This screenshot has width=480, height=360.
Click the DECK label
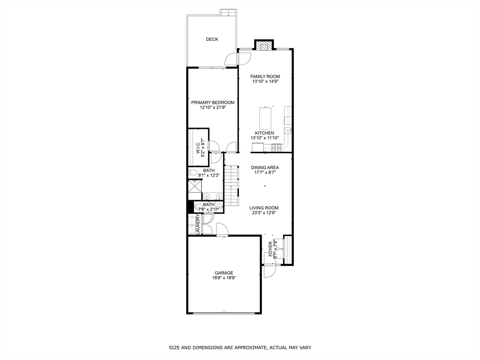tap(212, 39)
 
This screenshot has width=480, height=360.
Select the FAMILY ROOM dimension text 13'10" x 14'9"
tap(265, 82)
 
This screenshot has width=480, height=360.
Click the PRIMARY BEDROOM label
tap(212, 103)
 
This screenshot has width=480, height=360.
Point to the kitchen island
tap(266, 119)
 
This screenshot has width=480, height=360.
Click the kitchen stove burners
tap(276, 148)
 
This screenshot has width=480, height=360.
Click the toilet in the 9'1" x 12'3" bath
tap(193, 173)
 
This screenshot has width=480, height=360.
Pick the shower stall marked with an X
tap(194, 186)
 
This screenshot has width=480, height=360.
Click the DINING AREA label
tap(265, 167)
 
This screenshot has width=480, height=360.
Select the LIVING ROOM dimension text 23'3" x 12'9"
tap(264, 213)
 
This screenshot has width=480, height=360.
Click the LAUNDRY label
tap(198, 225)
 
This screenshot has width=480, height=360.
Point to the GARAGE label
tap(224, 273)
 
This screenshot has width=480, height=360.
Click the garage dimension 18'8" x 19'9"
tap(224, 278)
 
